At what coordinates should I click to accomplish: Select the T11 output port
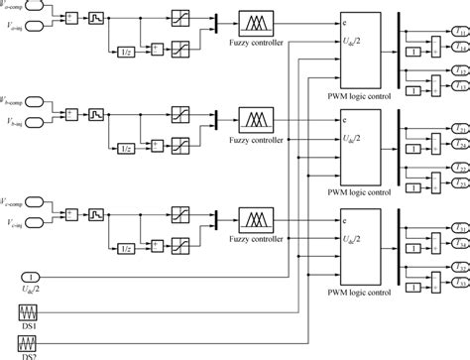point(459,32)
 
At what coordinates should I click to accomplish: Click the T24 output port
point(459,175)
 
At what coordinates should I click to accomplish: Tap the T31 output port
point(459,228)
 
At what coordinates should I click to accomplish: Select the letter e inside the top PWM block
point(315,18)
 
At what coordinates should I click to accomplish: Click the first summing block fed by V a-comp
point(69,18)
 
